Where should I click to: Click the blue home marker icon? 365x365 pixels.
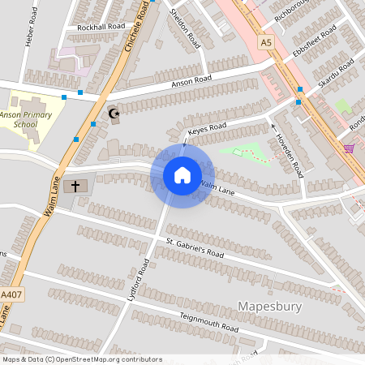[x=182, y=176]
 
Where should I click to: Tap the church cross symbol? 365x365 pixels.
[x=76, y=187]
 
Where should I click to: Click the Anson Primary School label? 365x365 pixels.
[x=29, y=121]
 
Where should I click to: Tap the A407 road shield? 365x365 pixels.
[x=9, y=294]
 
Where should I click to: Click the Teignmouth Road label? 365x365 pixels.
[x=209, y=322]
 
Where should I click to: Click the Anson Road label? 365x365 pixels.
[x=191, y=82]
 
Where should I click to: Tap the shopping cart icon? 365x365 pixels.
[x=349, y=148]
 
